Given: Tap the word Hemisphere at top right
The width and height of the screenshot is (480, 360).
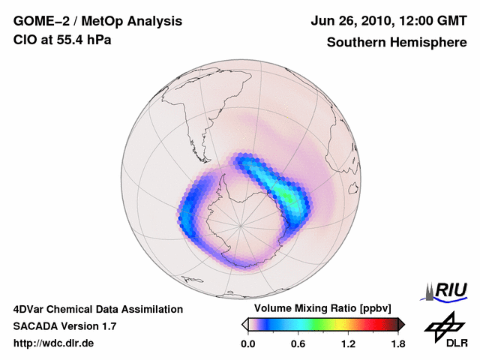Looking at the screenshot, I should point(427,42).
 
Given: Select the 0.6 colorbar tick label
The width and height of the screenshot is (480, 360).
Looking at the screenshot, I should point(298,344).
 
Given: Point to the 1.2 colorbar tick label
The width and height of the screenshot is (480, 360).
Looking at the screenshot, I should point(348,344).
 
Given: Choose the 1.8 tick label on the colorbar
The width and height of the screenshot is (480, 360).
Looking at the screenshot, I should point(397,344).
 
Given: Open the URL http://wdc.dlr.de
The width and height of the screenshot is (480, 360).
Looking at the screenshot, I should point(54,344).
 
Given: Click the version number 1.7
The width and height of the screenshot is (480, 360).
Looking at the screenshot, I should point(107,326).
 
